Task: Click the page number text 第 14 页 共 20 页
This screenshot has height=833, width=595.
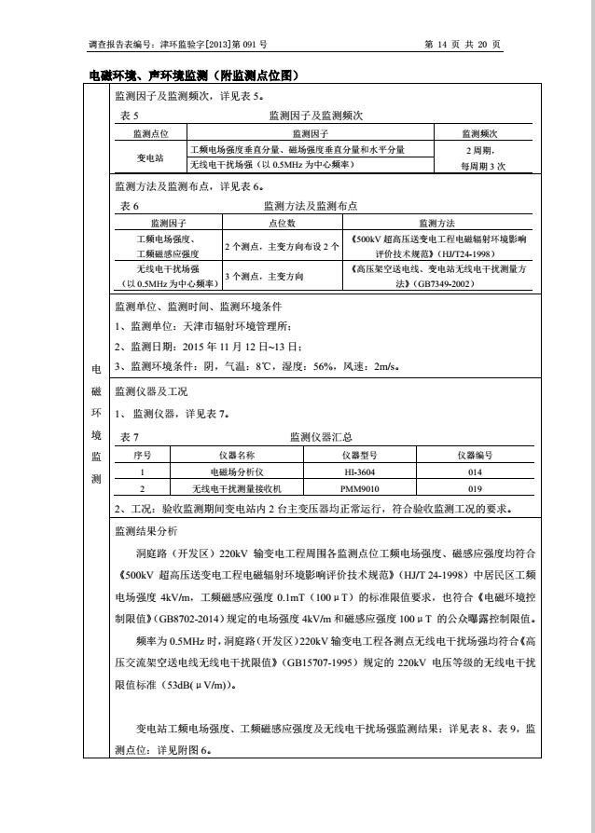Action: pos(463,44)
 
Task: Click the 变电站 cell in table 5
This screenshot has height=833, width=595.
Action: pos(150,157)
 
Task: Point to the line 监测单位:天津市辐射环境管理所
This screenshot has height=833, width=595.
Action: pos(203,325)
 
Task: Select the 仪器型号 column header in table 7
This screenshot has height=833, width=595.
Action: pos(360,455)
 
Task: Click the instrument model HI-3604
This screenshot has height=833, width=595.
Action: pos(360,471)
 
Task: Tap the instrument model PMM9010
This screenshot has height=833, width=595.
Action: pos(360,488)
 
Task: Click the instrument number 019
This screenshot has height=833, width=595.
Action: pos(475,488)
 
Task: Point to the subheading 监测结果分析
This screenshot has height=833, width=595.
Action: pos(145,530)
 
